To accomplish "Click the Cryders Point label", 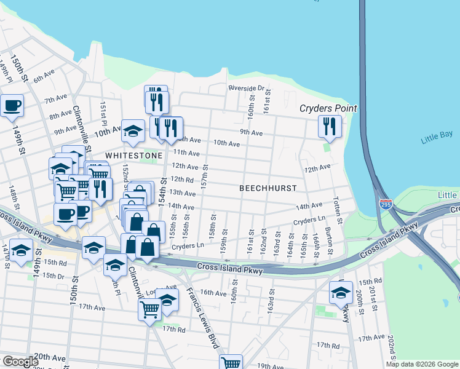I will click(328, 109).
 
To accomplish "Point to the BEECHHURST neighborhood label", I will click(268, 188).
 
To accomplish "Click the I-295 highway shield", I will click(386, 204).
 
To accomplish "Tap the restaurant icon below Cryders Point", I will click(330, 127).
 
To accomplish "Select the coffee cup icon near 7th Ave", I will click(12, 105).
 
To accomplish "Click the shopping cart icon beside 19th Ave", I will click(231, 363).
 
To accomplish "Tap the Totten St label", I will click(336, 207).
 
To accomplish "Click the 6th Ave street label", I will click(44, 78).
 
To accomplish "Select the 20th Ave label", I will click(49, 357).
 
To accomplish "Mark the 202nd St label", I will click(391, 347).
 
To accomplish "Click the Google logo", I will click(20, 362).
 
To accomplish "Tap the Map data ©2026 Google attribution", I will click(422, 364).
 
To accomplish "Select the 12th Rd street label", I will click(182, 180).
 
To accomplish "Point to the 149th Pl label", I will click(6, 65).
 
